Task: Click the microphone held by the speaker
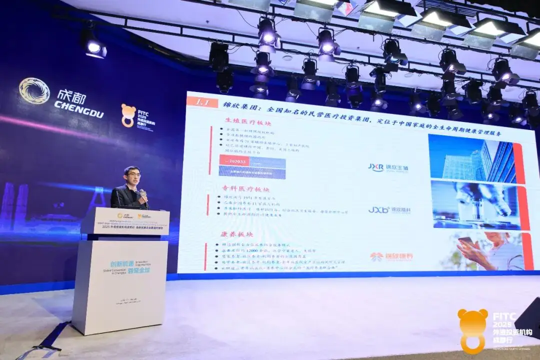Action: tap(143, 193)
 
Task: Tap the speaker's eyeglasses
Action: tap(132, 174)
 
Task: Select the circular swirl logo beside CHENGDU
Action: tap(34, 91)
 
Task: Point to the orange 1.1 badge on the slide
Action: tap(202, 102)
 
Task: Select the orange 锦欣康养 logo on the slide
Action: tap(391, 256)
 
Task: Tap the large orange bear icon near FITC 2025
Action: tap(472, 329)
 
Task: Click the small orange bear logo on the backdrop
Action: tap(128, 115)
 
